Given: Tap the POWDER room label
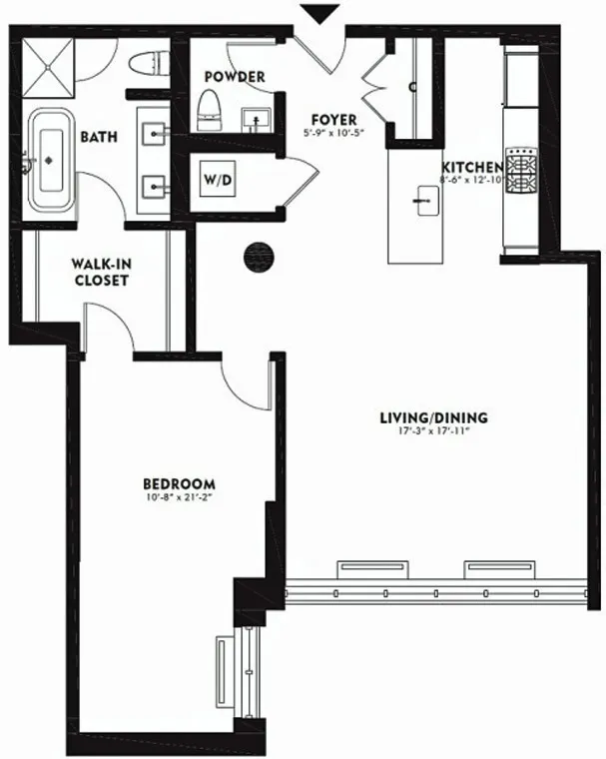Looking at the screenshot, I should pyautogui.click(x=235, y=77).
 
